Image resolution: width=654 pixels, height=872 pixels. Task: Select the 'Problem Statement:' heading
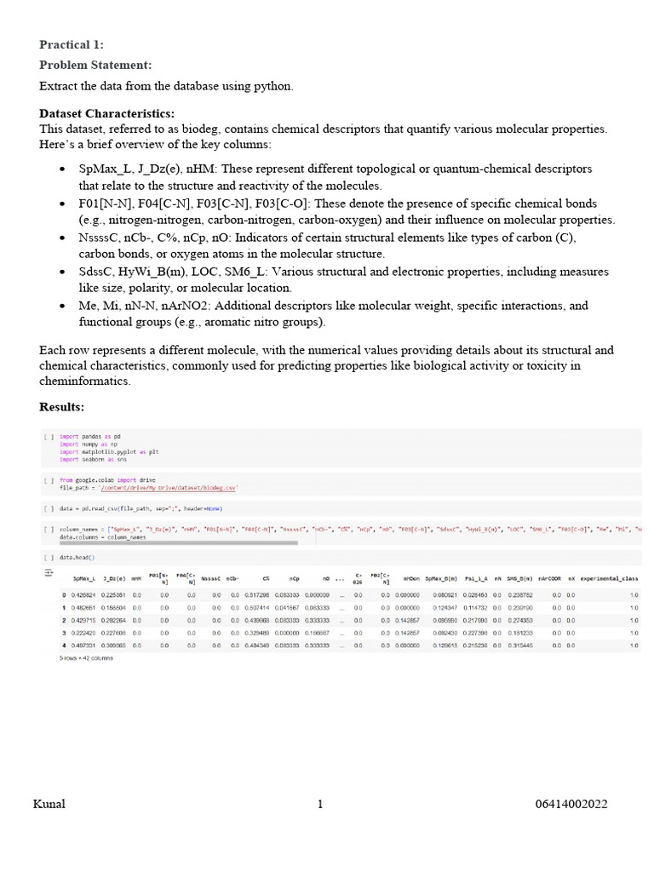pos(95,65)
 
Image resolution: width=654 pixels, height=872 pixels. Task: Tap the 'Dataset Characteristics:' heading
pos(106,113)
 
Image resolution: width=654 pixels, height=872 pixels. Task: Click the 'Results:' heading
pos(63,407)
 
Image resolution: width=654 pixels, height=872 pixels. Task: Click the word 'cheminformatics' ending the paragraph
pos(85,381)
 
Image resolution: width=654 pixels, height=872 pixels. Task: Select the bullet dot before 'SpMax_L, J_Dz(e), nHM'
pos(62,169)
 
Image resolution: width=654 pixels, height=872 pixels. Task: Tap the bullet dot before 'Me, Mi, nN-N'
pos(62,306)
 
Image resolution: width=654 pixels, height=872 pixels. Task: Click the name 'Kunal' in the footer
pos(49,804)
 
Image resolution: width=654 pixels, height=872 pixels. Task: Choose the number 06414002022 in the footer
pos(571,804)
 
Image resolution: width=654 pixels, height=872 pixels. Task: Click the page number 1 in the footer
pos(320,804)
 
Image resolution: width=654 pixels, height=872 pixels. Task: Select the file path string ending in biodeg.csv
pos(169,488)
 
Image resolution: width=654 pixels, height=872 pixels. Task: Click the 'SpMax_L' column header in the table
pos(83,579)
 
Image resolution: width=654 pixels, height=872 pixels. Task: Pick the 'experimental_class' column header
pos(609,579)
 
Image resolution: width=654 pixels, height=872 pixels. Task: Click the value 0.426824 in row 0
pos(83,594)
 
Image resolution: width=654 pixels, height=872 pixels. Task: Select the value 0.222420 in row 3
pos(83,633)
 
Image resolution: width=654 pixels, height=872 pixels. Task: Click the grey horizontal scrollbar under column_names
pos(179,542)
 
